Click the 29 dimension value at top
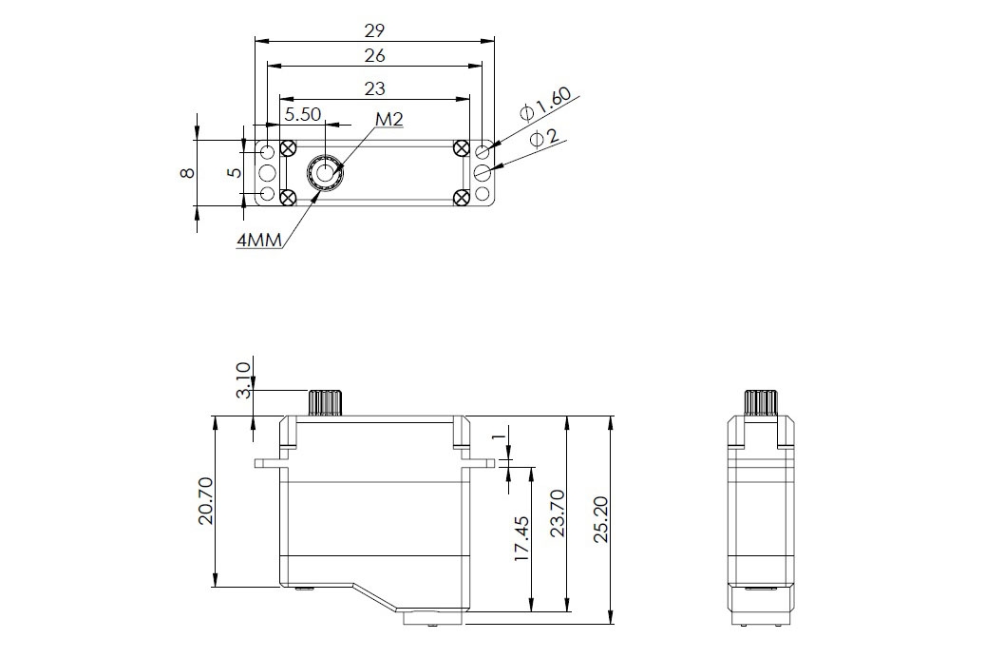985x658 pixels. click(x=375, y=29)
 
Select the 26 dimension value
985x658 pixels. click(x=375, y=56)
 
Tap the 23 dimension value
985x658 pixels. click(x=375, y=88)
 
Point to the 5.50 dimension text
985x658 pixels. click(x=303, y=114)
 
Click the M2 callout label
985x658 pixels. click(x=389, y=120)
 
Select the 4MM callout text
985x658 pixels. click(x=259, y=241)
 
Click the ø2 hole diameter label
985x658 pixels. click(x=544, y=139)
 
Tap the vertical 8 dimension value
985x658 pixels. click(x=187, y=172)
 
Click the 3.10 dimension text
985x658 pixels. click(x=242, y=380)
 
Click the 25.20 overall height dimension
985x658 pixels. click(x=598, y=519)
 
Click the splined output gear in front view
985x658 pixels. click(x=325, y=402)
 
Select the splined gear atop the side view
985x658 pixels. click(x=759, y=402)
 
